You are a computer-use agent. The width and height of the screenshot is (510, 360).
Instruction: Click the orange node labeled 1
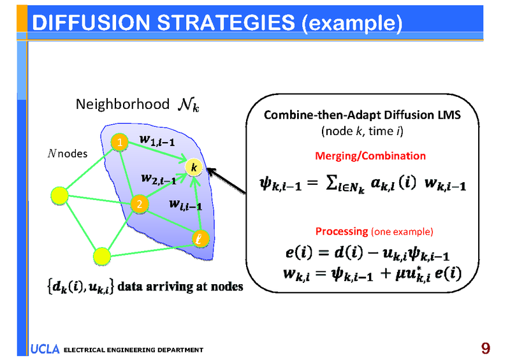coord(119,142)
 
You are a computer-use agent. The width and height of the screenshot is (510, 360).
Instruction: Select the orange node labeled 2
coord(138,205)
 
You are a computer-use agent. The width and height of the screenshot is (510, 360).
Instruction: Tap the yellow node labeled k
coord(194,167)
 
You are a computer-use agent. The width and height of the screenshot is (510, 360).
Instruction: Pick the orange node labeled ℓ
coord(200,239)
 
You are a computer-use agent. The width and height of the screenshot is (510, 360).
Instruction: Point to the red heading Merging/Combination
coord(370,155)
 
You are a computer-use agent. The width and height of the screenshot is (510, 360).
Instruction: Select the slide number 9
coord(486,348)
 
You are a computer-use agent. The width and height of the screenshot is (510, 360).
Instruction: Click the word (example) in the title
coord(352,24)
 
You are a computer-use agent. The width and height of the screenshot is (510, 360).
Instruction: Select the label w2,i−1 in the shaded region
coord(159,179)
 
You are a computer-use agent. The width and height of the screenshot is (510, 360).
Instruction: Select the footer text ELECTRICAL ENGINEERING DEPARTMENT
coord(133,350)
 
